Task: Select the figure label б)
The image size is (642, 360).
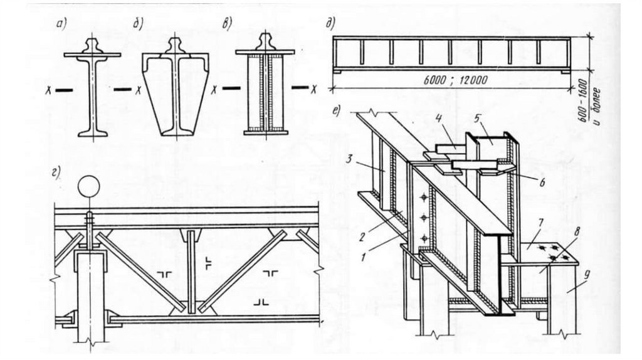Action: [x=139, y=26]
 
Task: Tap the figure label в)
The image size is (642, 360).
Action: [x=226, y=26]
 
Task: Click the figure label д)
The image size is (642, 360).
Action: [x=329, y=26]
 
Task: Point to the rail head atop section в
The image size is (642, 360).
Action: [x=265, y=42]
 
